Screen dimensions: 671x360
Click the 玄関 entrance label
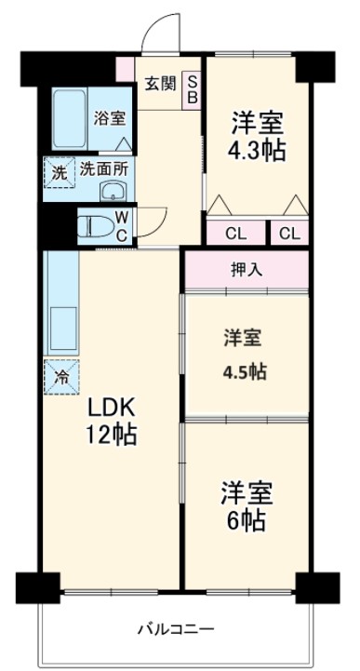(159, 84)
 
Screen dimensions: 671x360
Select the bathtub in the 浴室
(71, 117)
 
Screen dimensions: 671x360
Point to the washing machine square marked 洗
(58, 172)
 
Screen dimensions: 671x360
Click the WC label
(121, 226)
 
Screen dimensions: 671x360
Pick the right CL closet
(289, 234)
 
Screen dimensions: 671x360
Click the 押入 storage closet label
(246, 272)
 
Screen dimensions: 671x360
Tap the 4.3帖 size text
(257, 150)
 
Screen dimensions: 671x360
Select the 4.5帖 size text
(245, 370)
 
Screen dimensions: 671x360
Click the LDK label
(112, 408)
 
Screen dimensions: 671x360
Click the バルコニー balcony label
(176, 629)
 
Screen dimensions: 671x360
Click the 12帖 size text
(113, 435)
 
